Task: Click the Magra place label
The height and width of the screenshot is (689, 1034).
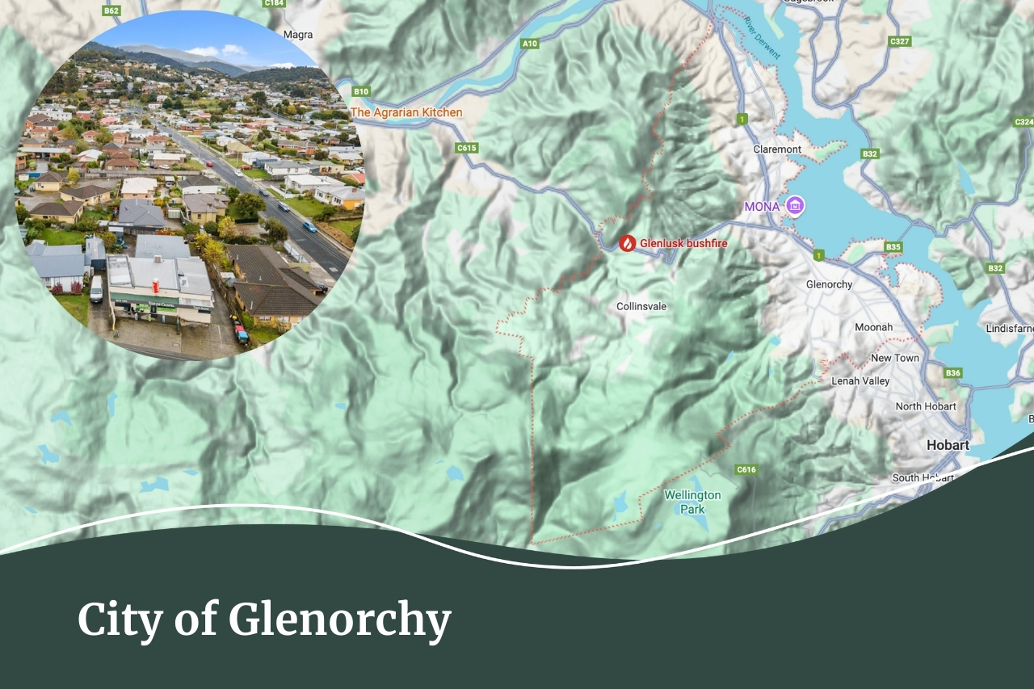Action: click(298, 35)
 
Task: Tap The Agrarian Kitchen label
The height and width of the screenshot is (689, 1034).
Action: click(406, 112)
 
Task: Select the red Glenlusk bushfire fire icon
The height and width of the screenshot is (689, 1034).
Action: click(628, 242)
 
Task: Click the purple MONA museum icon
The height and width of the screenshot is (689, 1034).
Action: click(795, 206)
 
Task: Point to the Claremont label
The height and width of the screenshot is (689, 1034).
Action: click(777, 149)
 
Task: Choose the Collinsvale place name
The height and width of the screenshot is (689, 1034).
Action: click(641, 307)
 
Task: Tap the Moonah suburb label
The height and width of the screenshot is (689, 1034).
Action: click(874, 327)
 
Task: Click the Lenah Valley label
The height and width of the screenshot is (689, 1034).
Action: click(860, 380)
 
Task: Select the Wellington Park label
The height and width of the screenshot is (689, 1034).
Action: click(692, 502)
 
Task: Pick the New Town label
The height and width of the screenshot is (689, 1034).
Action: click(895, 358)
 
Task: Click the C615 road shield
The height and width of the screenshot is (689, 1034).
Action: click(467, 148)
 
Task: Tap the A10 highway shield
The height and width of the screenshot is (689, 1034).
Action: click(530, 44)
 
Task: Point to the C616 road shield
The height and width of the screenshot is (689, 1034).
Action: click(746, 469)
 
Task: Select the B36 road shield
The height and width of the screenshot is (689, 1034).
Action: click(953, 372)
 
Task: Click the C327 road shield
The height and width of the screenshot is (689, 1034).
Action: click(900, 41)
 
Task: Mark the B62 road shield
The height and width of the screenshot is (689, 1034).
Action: click(111, 11)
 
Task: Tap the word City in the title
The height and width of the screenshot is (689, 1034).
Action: click(124, 620)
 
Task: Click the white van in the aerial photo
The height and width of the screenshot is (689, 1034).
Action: click(96, 288)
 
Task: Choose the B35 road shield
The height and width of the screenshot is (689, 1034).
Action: click(893, 246)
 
